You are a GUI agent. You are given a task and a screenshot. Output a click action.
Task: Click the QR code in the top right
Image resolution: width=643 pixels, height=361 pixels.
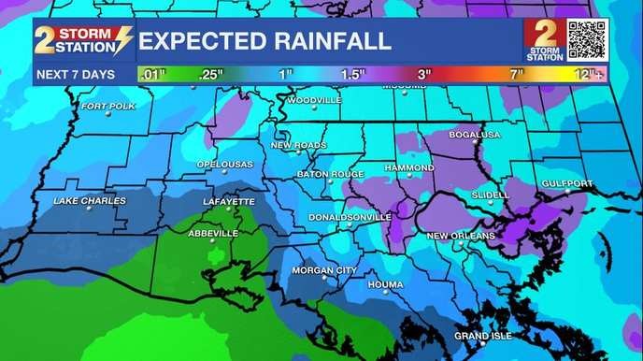click(587, 38)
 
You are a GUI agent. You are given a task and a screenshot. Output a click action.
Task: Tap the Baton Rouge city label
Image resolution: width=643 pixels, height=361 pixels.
click(330, 174)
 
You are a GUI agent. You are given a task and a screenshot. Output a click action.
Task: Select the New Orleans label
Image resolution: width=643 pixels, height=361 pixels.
click(461, 236)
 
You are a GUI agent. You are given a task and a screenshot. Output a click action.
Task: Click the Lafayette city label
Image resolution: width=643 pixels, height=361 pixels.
click(229, 201)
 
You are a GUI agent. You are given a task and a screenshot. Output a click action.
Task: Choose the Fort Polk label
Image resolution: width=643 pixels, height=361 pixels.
click(108, 106)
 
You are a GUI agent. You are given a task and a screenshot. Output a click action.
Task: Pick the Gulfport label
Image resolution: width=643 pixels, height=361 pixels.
click(567, 184)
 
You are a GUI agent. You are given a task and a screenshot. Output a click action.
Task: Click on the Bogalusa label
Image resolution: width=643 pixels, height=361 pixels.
click(475, 135)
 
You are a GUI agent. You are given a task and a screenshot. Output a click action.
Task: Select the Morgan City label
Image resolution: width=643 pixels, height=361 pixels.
click(324, 270)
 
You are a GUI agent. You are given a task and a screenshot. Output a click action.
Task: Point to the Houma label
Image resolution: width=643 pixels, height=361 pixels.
click(386, 283)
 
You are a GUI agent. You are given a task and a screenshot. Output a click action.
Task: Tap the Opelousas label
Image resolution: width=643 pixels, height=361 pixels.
click(224, 165)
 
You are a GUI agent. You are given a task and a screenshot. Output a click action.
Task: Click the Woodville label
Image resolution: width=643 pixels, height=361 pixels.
click(315, 99)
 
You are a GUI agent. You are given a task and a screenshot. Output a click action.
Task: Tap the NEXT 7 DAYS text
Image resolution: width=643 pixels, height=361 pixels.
click(74, 73)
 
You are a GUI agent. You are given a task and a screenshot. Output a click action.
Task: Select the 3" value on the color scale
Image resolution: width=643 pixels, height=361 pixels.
click(424, 73)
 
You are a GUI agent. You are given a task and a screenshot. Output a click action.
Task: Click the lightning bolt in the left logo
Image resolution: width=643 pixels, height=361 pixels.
click(121, 39)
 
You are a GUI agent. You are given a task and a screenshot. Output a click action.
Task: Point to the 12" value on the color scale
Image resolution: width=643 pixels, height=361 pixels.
click(586, 73)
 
